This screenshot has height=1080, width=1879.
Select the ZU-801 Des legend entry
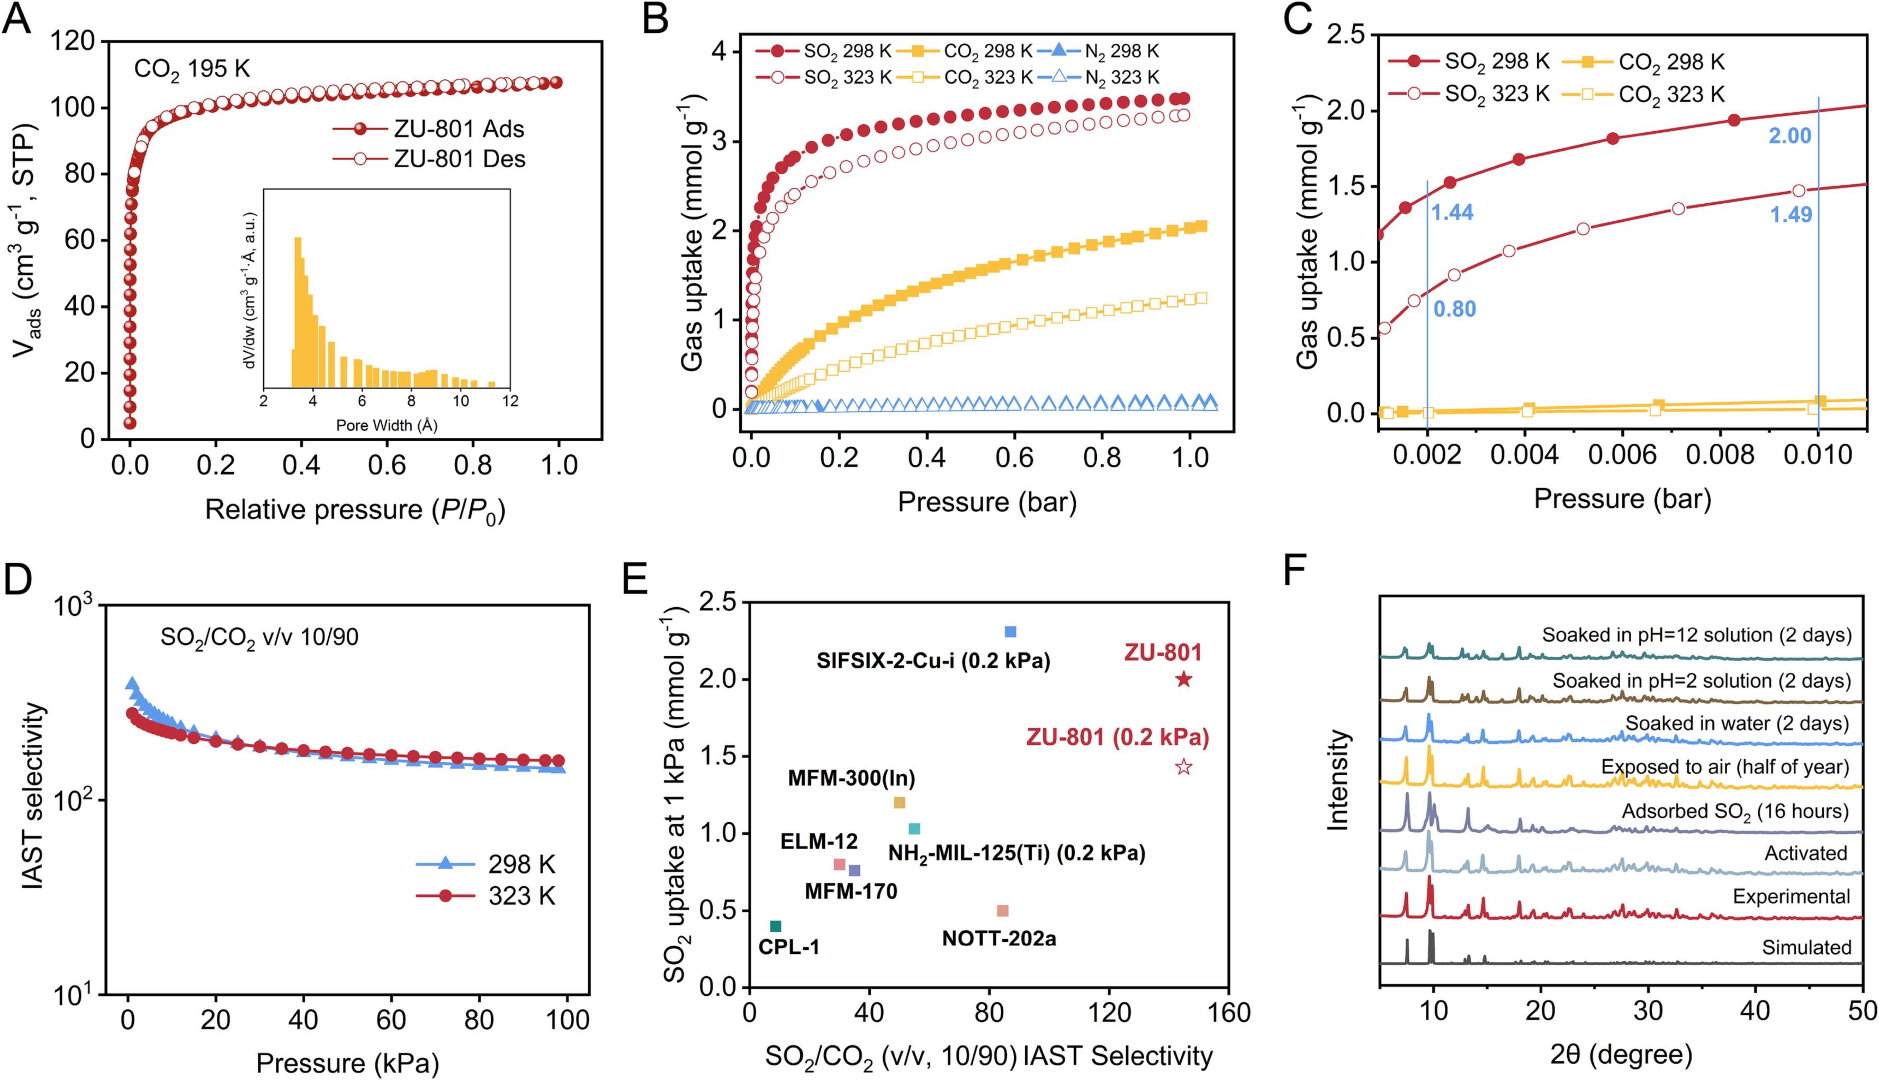click(x=458, y=159)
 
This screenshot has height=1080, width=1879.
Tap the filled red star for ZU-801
click(x=1183, y=679)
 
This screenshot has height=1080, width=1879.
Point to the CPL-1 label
click(x=788, y=947)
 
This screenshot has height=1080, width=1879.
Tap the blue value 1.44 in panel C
click(x=1452, y=213)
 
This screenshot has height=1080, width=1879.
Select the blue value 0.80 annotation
click(x=1454, y=309)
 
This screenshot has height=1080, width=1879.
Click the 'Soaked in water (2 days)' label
click(x=1737, y=723)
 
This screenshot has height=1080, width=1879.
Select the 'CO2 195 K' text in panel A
click(x=192, y=69)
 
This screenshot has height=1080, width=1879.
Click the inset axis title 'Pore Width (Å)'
click(x=386, y=425)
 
